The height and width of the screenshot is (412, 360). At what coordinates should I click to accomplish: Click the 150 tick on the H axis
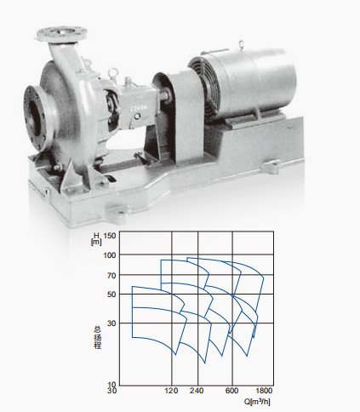coord(110,236)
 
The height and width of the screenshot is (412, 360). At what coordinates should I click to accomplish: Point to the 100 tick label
coord(110,255)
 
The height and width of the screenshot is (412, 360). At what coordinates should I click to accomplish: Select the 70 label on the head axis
coord(111,275)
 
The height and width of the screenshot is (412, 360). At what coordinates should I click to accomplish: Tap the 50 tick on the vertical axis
coord(111,295)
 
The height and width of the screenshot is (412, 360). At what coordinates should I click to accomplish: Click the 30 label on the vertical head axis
coord(111,323)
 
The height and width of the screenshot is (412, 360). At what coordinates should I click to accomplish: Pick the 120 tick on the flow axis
coord(171,391)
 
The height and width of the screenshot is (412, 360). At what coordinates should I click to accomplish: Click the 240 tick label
coord(197,391)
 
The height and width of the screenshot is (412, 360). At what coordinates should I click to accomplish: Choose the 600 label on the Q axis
coord(231,391)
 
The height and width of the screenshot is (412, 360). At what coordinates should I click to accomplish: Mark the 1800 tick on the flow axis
coord(264,391)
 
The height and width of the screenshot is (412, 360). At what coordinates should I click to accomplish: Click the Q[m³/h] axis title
coord(257,402)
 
